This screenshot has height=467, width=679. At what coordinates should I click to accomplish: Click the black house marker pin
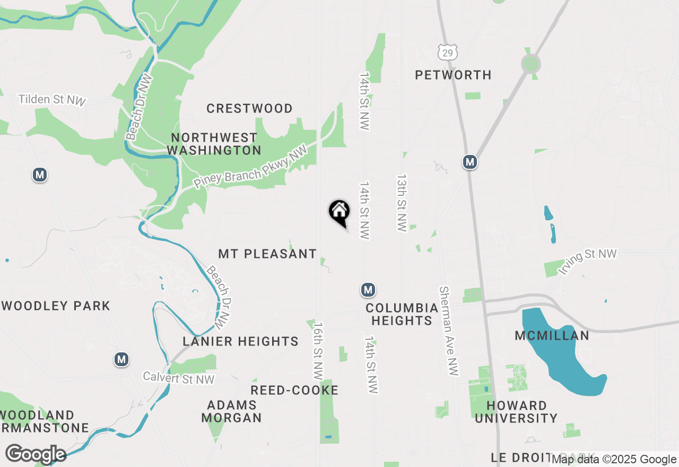tap(339, 213)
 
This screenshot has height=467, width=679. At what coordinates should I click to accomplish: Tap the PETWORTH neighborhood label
tap(453, 75)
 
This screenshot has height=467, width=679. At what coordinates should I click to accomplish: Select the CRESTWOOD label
tap(249, 109)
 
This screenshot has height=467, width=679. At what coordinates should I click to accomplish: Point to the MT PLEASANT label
tap(267, 254)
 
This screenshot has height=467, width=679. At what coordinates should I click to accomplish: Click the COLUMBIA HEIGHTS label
tap(402, 314)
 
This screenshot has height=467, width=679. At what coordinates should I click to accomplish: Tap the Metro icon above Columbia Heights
tap(368, 290)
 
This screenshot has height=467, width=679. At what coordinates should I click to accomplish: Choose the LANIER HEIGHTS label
tap(241, 341)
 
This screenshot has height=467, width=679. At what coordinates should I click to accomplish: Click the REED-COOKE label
tap(294, 391)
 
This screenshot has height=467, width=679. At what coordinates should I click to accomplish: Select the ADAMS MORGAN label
tap(232, 411)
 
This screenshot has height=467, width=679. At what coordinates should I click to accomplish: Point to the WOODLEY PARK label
tap(56, 306)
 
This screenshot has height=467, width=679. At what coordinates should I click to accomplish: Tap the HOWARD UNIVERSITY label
tap(516, 412)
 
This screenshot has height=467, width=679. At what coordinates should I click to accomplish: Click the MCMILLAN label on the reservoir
tap(552, 335)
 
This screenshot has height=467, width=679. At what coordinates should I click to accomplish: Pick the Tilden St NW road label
tap(51, 100)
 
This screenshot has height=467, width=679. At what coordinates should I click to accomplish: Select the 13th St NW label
tap(402, 202)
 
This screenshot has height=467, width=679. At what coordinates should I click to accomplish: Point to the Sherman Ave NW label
tap(448, 331)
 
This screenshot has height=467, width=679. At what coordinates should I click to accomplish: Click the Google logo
tap(36, 454)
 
